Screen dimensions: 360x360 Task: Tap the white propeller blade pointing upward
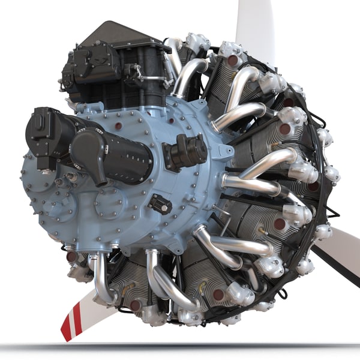click(255, 24)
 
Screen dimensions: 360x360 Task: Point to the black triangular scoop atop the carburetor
click(114, 33)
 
